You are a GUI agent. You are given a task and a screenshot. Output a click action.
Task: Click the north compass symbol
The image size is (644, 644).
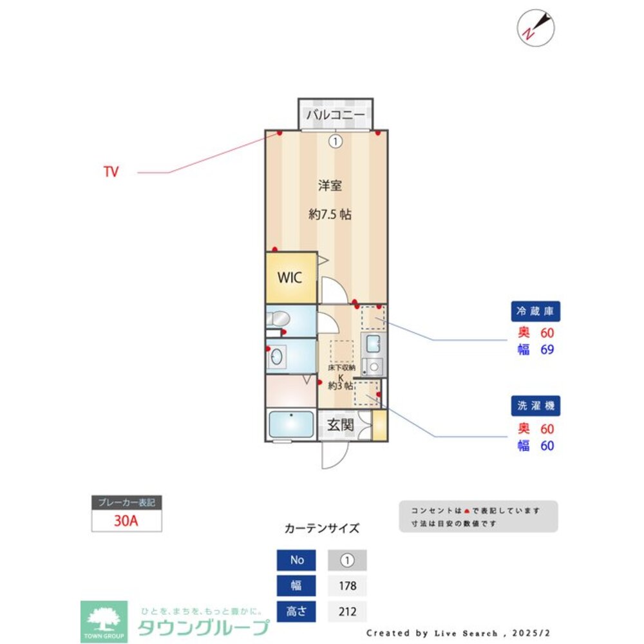tap(536, 27)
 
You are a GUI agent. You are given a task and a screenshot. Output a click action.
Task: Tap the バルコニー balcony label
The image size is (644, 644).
tap(336, 115)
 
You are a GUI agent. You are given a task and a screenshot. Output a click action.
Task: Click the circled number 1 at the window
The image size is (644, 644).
tap(336, 141)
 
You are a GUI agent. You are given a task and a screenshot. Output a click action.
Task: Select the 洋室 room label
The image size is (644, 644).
tap(330, 186)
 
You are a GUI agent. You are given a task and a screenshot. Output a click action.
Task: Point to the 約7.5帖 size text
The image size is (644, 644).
tap(330, 214)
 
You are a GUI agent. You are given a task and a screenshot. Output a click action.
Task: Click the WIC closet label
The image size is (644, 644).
tap(289, 278)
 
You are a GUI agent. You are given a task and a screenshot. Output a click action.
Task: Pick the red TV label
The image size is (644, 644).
tap(111, 173)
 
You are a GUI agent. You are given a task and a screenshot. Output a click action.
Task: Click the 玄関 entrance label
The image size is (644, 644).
tap(340, 425)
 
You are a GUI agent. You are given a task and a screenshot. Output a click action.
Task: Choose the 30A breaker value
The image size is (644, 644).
tap(126, 521)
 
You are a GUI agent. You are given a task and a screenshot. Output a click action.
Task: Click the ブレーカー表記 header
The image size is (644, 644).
tap(126, 503)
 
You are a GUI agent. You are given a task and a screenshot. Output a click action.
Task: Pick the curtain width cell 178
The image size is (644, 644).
tap(347, 586)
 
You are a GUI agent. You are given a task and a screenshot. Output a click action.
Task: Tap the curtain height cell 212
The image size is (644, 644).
tap(347, 611)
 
